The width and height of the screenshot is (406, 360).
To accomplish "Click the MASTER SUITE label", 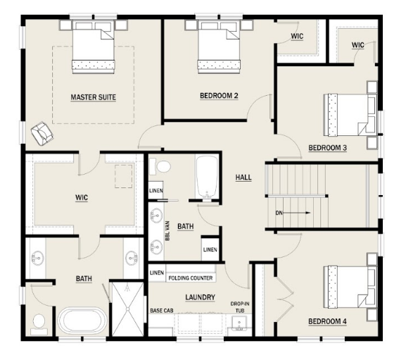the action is click(x=93, y=97).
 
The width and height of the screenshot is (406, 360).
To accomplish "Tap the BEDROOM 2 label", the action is click(x=219, y=96).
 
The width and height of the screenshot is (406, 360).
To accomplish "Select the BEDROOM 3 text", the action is click(x=328, y=148).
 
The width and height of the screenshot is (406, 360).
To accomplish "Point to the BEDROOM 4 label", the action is click(x=328, y=322).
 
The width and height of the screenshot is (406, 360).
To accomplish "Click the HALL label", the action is click(x=243, y=178).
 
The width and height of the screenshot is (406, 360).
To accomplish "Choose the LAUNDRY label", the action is click(x=200, y=297).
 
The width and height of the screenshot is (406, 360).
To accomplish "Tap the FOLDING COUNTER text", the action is click(x=191, y=278).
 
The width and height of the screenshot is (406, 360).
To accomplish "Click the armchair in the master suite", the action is click(x=42, y=133).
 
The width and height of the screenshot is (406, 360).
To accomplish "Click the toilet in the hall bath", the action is click(x=160, y=166).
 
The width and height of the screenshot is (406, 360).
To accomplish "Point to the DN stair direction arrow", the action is click(x=297, y=213).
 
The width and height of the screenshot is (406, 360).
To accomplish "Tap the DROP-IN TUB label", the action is click(x=240, y=307).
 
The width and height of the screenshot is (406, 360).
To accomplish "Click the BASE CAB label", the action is click(x=162, y=311).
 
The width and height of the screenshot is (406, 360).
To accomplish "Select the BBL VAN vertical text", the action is click(x=167, y=230).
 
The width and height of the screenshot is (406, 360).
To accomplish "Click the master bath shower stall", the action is click(x=128, y=309).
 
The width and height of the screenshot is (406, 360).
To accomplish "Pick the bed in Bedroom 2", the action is click(x=219, y=47).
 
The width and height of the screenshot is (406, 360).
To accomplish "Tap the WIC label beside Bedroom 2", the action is click(x=297, y=37).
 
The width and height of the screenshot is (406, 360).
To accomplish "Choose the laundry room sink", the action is click(x=239, y=323).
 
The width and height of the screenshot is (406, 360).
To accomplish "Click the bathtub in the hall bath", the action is click(x=207, y=178).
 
